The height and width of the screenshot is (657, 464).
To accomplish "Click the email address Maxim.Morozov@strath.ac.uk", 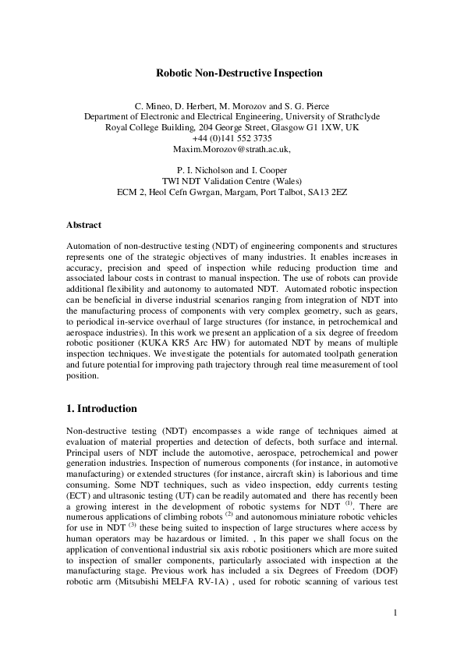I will pyautogui.click(x=231, y=149).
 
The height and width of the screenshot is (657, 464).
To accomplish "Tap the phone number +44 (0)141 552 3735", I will pyautogui.click(x=232, y=137).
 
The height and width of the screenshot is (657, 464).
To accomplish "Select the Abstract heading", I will pyautogui.click(x=83, y=225).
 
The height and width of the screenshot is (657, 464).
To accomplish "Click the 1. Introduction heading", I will pyautogui.click(x=102, y=408).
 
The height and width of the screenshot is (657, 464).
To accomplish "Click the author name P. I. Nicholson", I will pyautogui.click(x=202, y=169).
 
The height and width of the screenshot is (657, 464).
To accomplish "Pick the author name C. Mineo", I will pyautogui.click(x=153, y=104).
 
